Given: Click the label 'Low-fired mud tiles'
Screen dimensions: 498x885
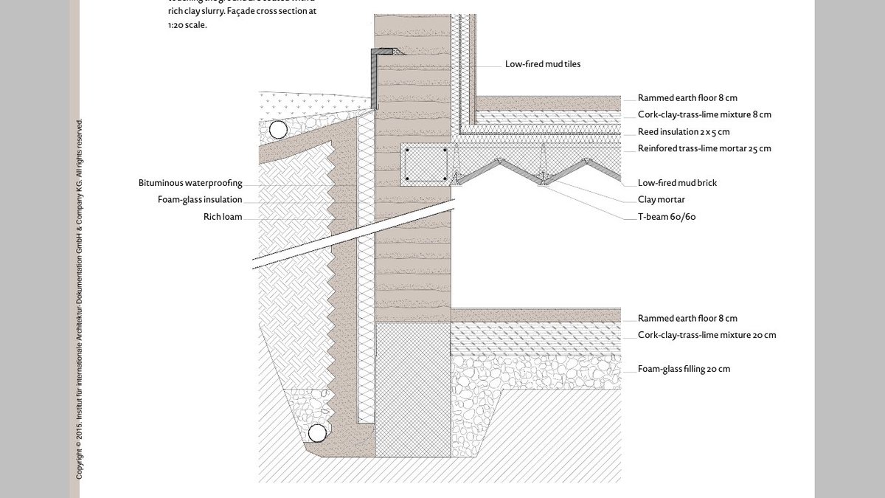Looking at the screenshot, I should pyautogui.click(x=542, y=64).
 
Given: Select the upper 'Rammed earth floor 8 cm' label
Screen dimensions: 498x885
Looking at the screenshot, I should pyautogui.click(x=687, y=97).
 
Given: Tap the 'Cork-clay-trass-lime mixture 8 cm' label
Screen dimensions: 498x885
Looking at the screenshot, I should pyautogui.click(x=704, y=114).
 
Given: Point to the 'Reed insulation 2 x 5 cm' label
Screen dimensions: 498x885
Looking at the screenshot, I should pyautogui.click(x=684, y=131).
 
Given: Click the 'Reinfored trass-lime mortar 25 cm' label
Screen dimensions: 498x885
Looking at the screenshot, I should pyautogui.click(x=704, y=148).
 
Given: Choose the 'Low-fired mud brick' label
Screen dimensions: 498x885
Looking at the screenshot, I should pyautogui.click(x=677, y=183).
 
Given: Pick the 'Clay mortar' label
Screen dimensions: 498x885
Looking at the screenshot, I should pyautogui.click(x=662, y=199).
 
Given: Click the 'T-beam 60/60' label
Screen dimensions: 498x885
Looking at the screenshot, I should pyautogui.click(x=667, y=217).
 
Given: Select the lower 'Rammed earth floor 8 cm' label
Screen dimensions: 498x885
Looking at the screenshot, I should pyautogui.click(x=687, y=318).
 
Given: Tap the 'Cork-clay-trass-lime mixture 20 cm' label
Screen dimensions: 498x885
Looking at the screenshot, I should pyautogui.click(x=707, y=335).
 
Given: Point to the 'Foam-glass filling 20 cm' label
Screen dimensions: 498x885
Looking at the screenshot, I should pyautogui.click(x=684, y=369).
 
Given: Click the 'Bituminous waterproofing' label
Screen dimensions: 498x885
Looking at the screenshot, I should pyautogui.click(x=190, y=183).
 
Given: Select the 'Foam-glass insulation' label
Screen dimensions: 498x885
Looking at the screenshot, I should pyautogui.click(x=200, y=199).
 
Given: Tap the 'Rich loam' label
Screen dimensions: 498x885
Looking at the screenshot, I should pyautogui.click(x=223, y=217).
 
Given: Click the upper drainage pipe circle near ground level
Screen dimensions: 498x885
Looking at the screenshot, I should pyautogui.click(x=277, y=131).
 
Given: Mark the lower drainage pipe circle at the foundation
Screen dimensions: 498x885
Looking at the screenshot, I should pyautogui.click(x=316, y=432).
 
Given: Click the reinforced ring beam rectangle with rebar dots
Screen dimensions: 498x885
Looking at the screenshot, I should pyautogui.click(x=425, y=165).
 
